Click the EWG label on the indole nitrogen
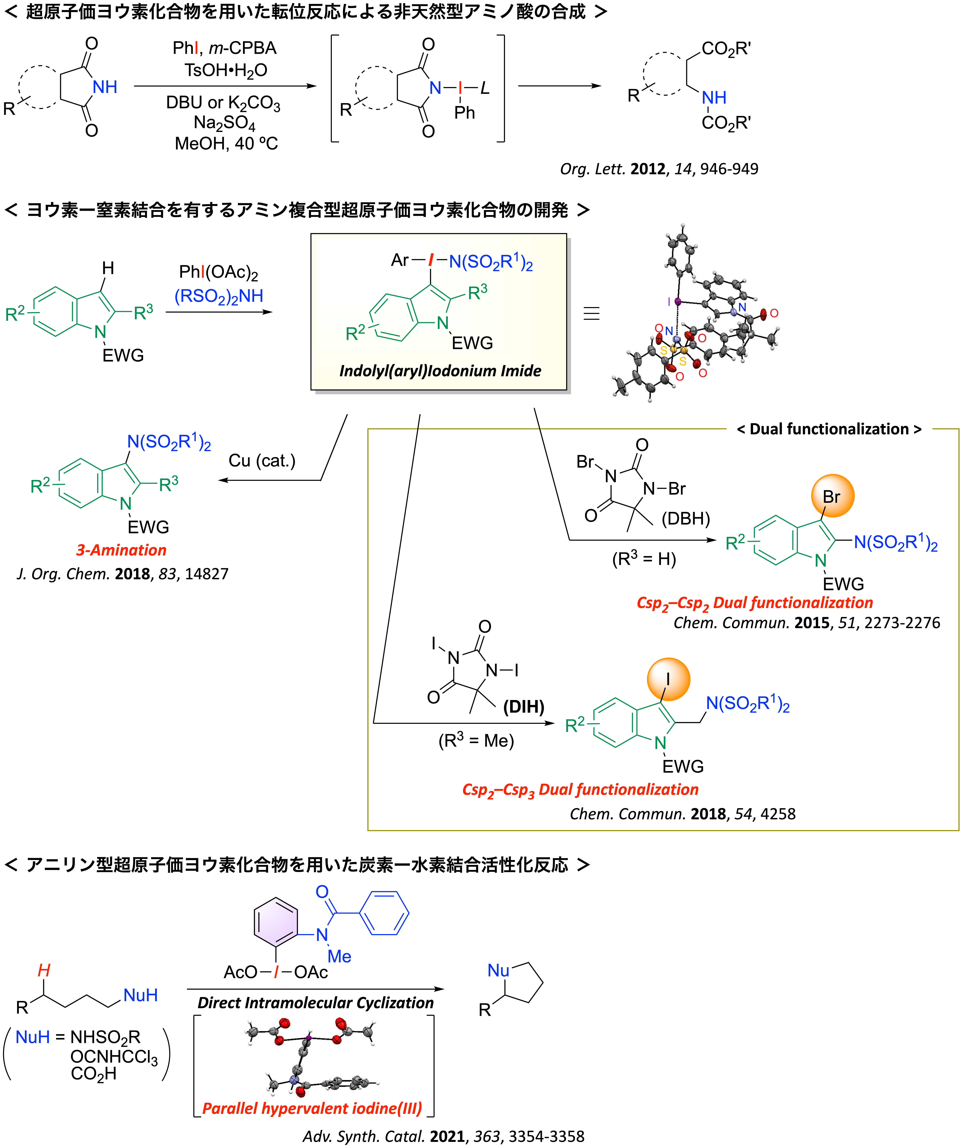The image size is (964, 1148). coord(472,343)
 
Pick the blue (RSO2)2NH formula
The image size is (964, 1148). coord(219,296)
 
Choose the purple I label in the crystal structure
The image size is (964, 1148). coord(669,301)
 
